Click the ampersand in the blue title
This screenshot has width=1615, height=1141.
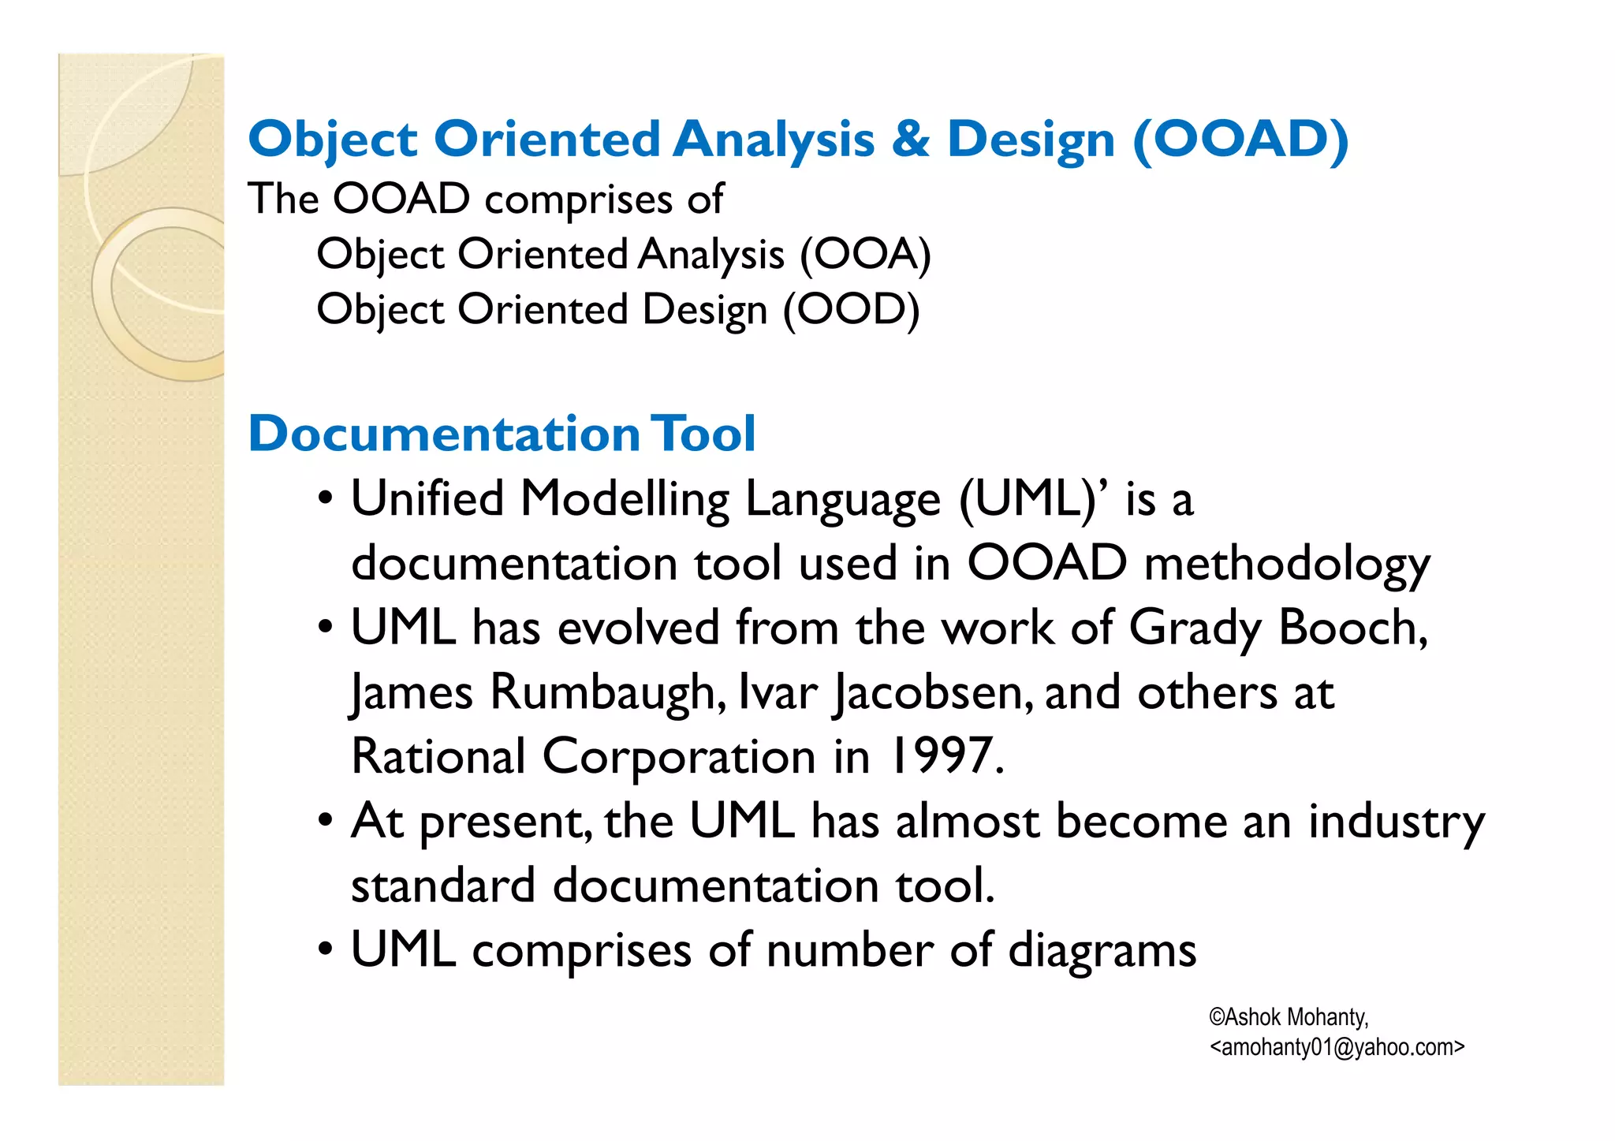[911, 140]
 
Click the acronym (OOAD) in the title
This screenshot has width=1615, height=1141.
[1240, 140]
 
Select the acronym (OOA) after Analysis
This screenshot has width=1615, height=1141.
[865, 255]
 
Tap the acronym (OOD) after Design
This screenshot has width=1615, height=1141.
[851, 310]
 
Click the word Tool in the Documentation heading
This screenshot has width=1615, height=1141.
[703, 434]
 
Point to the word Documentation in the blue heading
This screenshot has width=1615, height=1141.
[444, 434]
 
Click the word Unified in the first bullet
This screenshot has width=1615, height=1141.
[427, 499]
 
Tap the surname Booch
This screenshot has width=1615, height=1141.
[1352, 628]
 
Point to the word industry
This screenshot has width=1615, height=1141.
[1396, 822]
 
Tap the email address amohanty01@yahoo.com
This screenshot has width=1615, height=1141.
[1337, 1047]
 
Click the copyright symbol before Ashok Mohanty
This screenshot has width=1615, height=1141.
[1217, 1017]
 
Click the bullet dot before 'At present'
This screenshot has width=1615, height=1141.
[325, 822]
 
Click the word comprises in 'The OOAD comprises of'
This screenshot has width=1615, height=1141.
[578, 199]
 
